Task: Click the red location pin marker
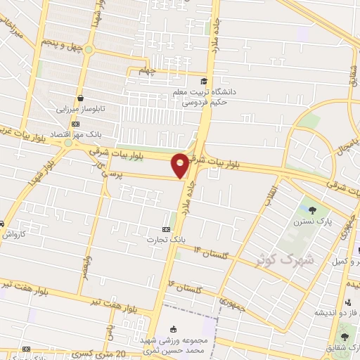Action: (x=180, y=165)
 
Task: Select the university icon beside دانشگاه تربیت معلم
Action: (x=204, y=81)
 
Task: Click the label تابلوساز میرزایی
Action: (x=81, y=110)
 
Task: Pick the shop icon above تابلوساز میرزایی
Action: (x=82, y=98)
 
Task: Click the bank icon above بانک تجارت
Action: (x=167, y=229)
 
